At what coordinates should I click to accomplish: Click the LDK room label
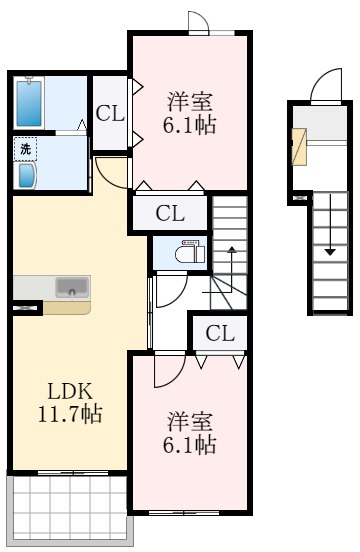click(70, 391)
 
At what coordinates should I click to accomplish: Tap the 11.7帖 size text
click(70, 414)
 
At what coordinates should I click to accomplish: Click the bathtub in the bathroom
click(29, 103)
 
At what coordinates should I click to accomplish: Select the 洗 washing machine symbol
click(25, 149)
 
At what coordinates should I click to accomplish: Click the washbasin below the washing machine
click(26, 175)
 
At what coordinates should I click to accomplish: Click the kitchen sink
click(72, 288)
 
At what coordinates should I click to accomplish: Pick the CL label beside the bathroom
click(110, 114)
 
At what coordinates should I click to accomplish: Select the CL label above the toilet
click(170, 213)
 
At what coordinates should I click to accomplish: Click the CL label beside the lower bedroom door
click(220, 333)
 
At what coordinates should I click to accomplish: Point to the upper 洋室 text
click(190, 101)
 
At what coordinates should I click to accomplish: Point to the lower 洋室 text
click(190, 421)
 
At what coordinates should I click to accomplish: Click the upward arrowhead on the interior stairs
click(232, 250)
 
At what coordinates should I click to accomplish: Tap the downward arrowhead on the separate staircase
click(330, 252)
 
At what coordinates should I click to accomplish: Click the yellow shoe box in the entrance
click(299, 147)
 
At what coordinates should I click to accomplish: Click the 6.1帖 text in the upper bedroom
click(189, 125)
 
